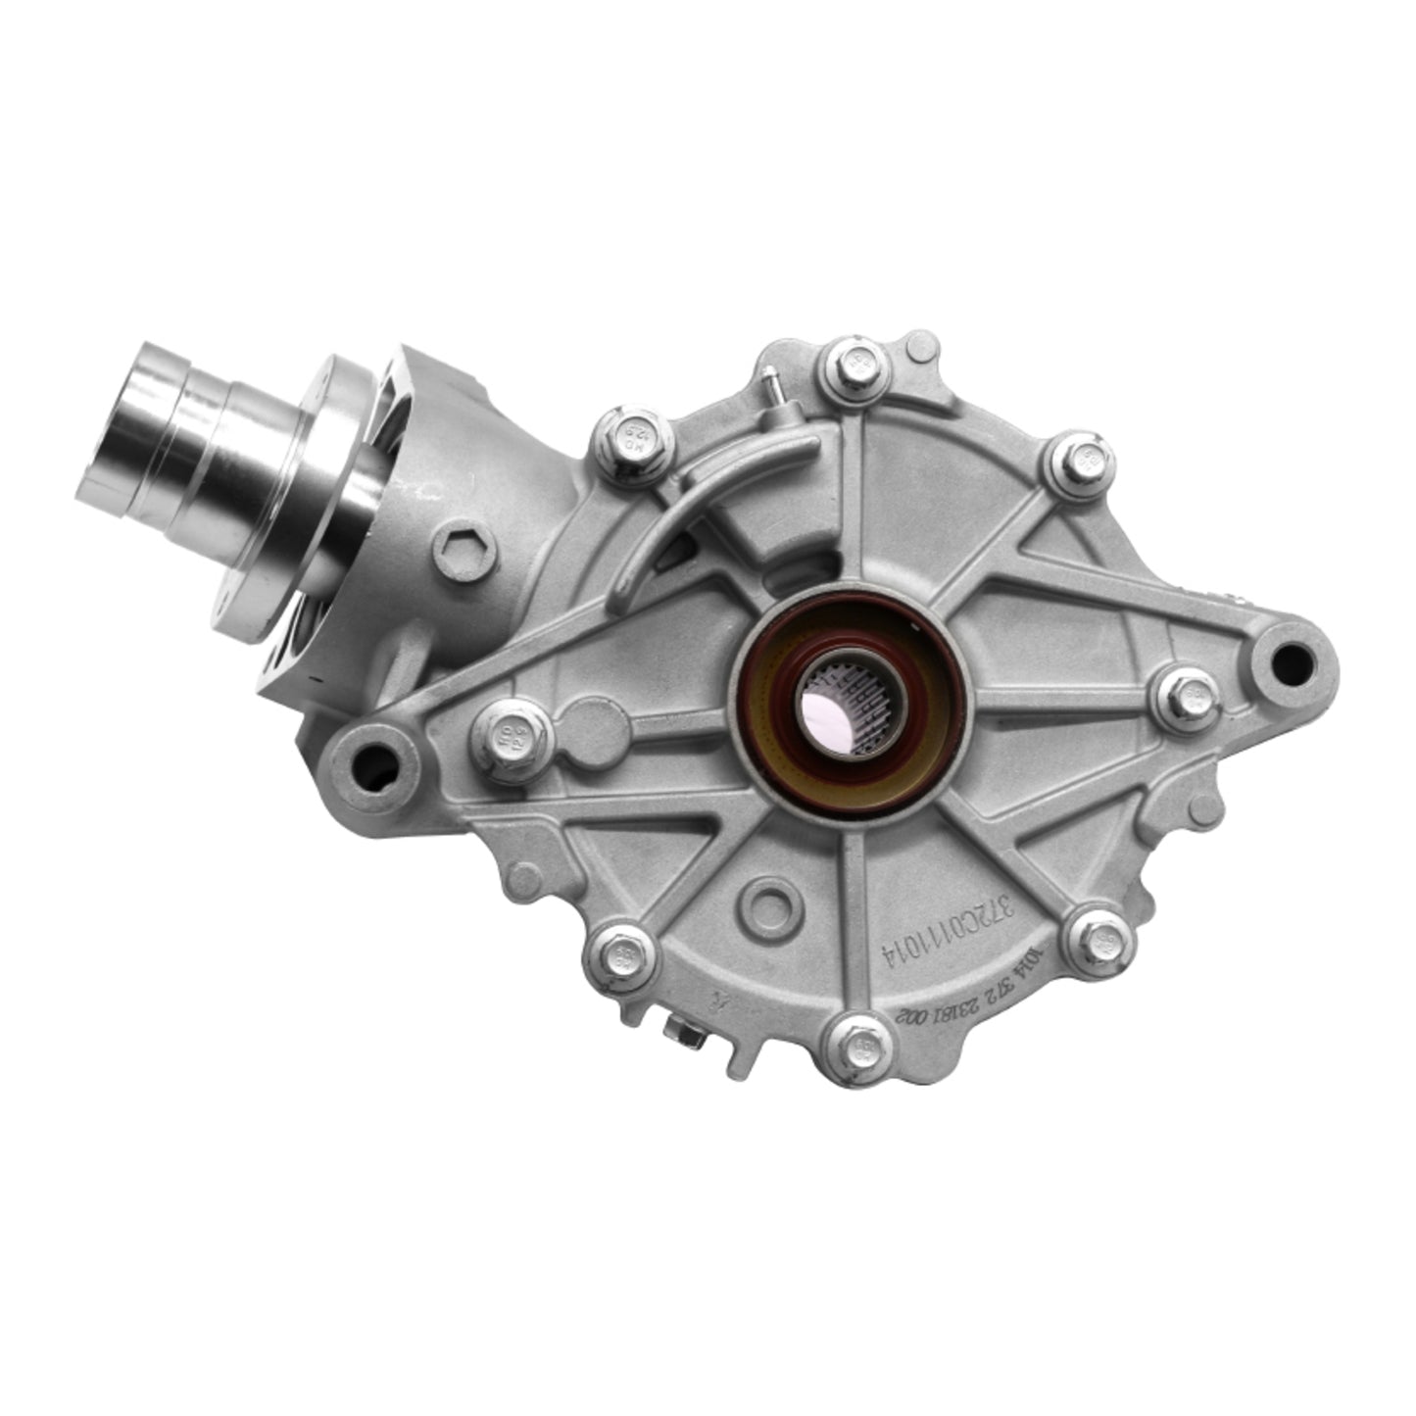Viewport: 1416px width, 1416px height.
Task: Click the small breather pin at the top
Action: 774,379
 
